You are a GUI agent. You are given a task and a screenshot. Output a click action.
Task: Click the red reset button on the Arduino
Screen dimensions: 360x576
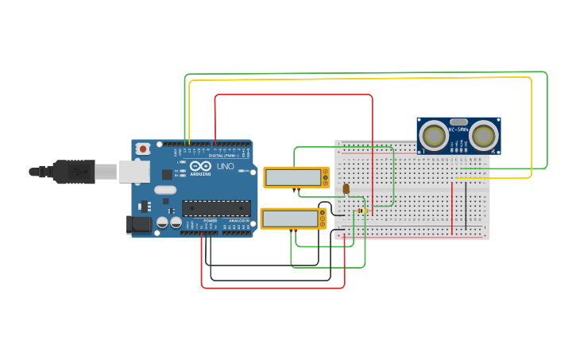(143, 149)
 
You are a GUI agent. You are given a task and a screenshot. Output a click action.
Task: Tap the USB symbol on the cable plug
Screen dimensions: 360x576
(79, 171)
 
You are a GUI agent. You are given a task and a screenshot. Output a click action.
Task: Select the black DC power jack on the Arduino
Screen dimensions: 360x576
(139, 225)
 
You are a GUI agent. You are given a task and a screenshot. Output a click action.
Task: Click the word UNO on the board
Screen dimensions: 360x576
(225, 167)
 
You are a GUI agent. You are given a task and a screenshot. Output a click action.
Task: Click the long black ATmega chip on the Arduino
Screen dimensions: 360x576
(216, 208)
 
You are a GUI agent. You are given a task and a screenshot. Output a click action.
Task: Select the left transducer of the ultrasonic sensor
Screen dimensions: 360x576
(434, 134)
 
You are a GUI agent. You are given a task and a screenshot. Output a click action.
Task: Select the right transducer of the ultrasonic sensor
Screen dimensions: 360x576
(484, 134)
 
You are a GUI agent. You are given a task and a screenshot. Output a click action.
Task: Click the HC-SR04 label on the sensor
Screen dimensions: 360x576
(458, 130)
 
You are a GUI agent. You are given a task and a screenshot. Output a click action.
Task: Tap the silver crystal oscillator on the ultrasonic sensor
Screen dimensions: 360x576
(458, 122)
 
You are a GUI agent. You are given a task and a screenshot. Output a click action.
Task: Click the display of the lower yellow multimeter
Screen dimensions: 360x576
(289, 219)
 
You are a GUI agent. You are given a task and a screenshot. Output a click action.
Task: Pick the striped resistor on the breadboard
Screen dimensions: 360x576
(362, 211)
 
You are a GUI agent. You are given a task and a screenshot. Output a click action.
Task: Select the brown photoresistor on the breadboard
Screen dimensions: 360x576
(346, 188)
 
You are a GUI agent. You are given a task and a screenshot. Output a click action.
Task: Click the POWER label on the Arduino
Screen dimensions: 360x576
(210, 221)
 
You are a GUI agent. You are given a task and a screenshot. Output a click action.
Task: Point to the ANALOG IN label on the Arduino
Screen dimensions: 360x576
(238, 221)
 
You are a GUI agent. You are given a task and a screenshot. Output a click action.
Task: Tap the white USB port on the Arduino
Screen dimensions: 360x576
(134, 171)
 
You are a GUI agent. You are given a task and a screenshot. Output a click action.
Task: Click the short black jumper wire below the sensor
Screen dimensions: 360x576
(466, 205)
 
